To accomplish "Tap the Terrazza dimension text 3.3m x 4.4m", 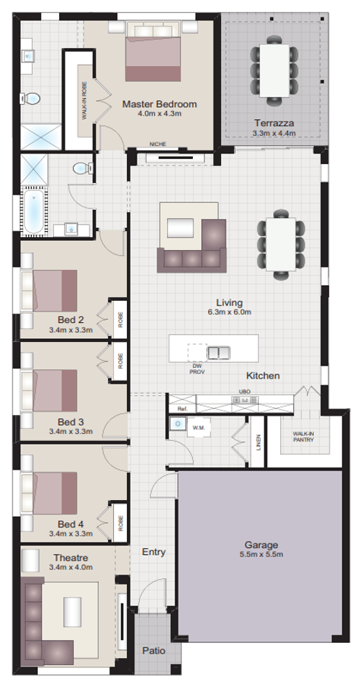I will (x=274, y=132).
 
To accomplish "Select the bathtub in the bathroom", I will (x=33, y=211).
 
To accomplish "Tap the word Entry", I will (x=153, y=552).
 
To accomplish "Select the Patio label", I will (x=155, y=651).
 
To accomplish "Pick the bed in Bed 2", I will (x=50, y=289).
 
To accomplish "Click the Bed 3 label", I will (x=70, y=421).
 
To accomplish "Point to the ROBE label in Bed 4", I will (x=120, y=524).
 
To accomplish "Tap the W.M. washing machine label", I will (x=200, y=427).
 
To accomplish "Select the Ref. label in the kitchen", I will (x=182, y=409).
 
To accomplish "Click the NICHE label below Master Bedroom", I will (x=158, y=144).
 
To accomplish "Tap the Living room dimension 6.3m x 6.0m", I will (x=229, y=312).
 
